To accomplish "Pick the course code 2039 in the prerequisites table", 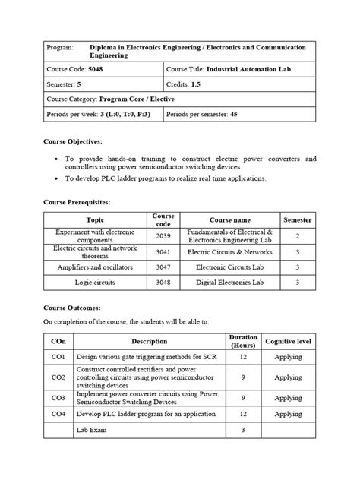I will coord(163,236).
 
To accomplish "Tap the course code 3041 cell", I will coord(163,251).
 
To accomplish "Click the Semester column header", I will coord(298,219).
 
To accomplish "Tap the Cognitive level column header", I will coord(289,341).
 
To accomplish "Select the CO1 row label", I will coord(58,356).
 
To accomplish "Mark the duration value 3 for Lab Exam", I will coord(242,430).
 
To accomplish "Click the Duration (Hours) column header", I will coord(242,341).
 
